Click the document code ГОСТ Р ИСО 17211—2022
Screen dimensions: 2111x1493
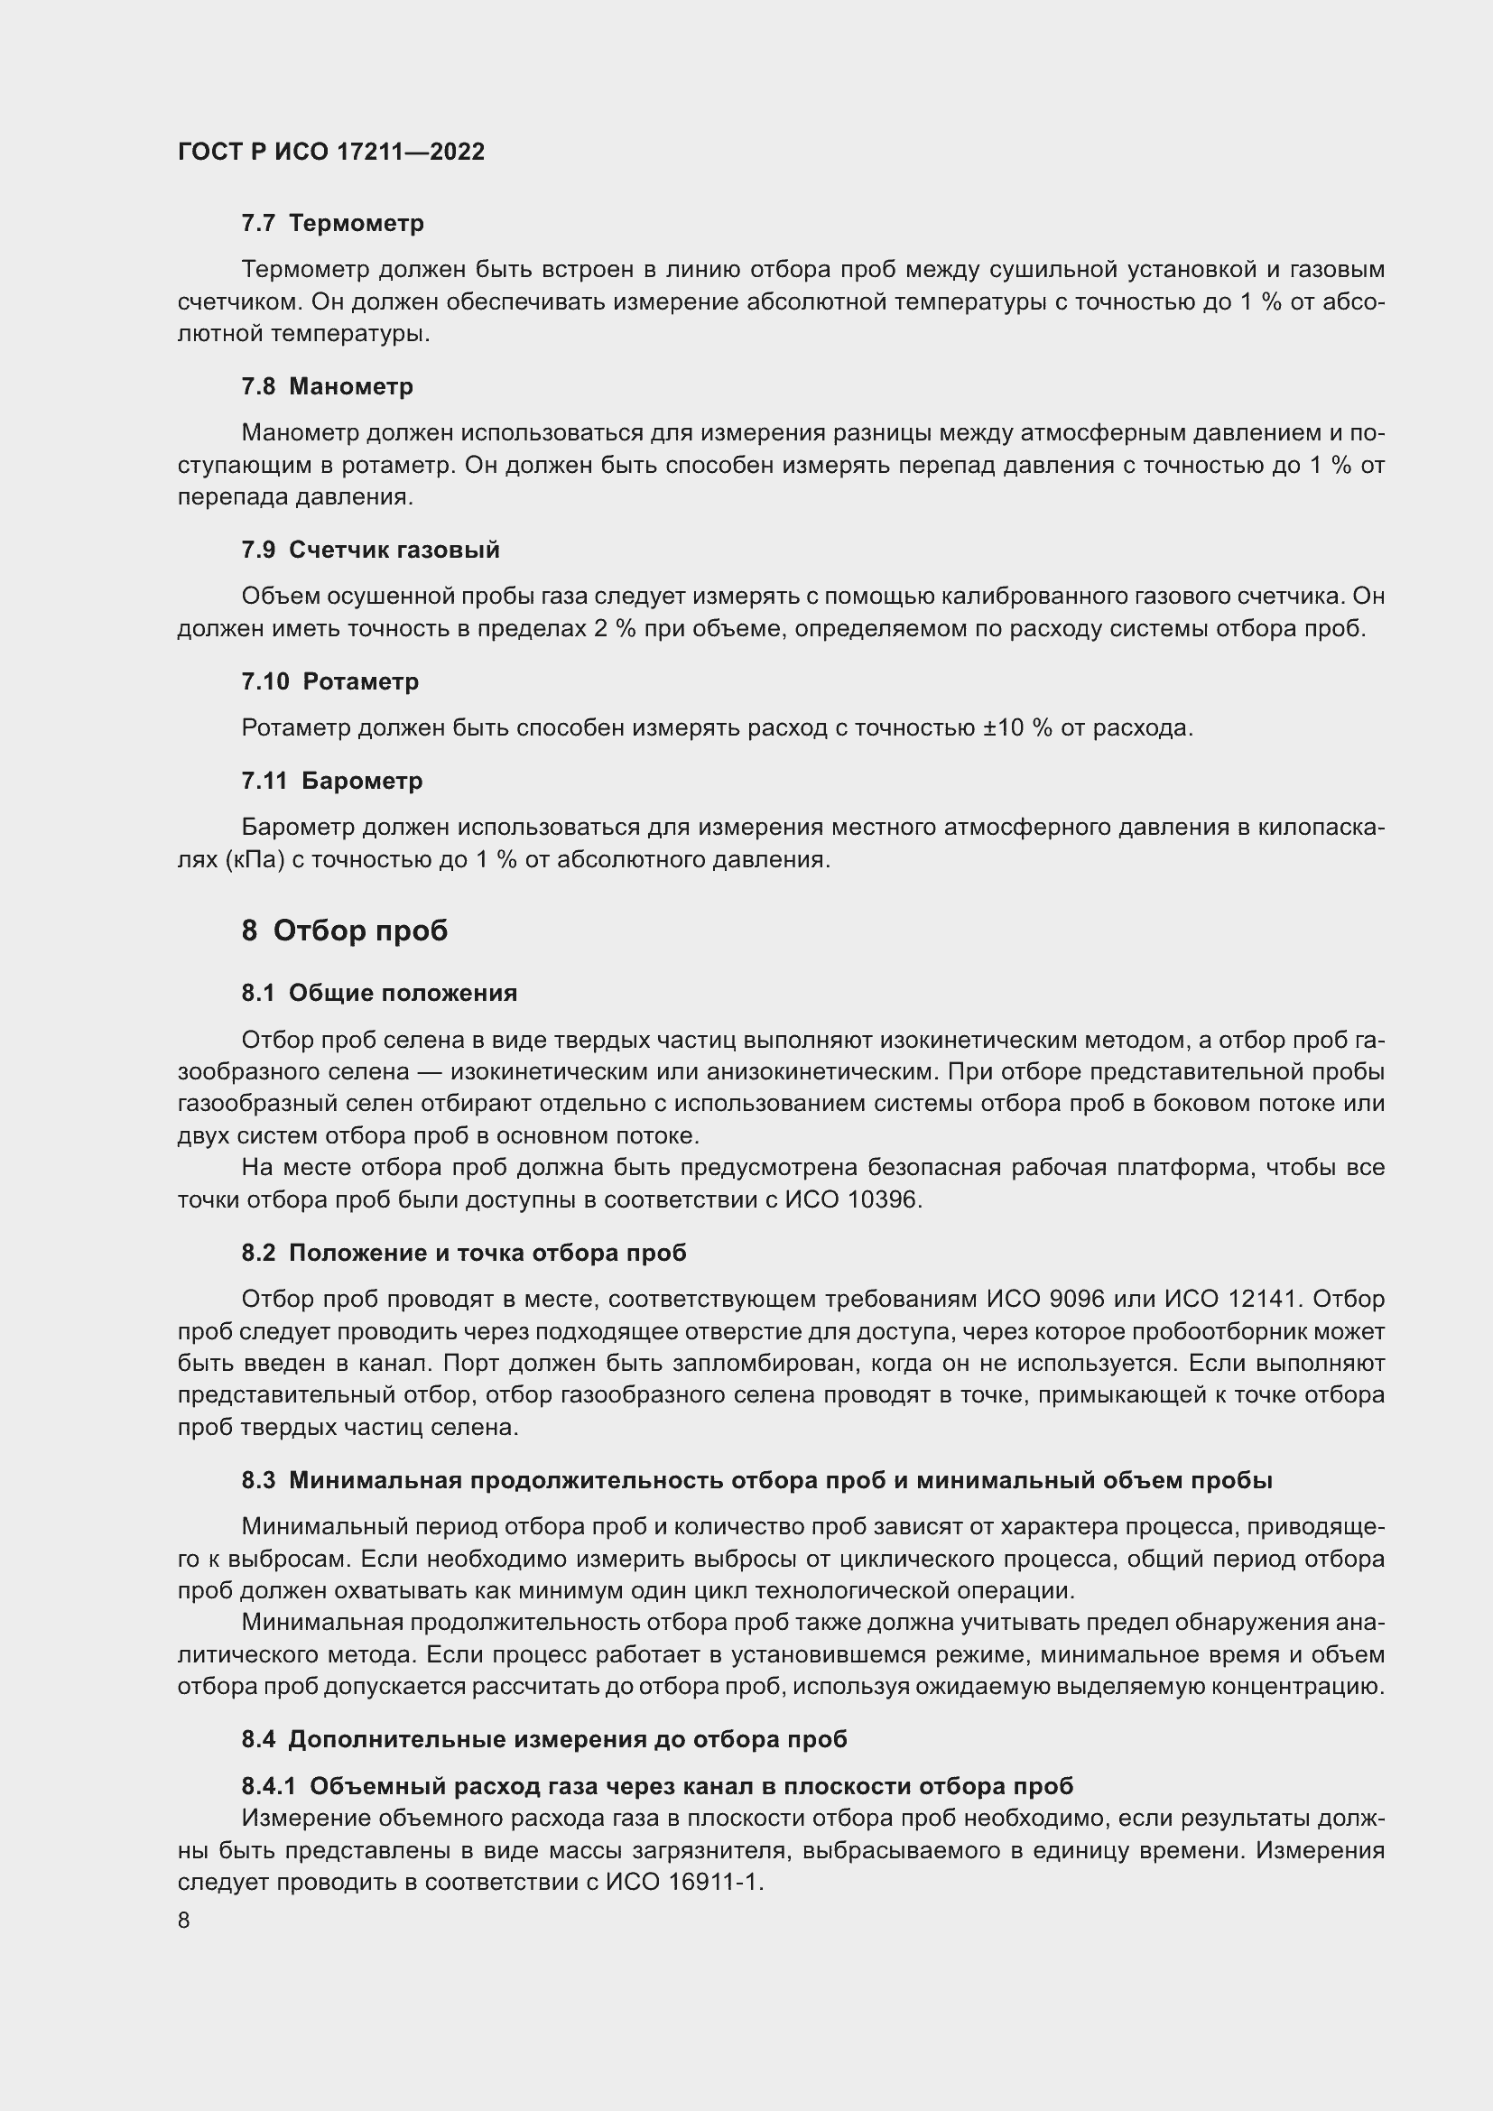(331, 153)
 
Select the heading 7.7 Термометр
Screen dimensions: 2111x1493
(333, 224)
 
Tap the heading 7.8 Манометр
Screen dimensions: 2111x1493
(328, 386)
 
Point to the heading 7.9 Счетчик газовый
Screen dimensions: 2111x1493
(370, 550)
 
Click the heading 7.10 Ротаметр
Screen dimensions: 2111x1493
(330, 681)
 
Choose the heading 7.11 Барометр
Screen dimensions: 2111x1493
(332, 781)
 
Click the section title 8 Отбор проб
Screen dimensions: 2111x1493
(345, 931)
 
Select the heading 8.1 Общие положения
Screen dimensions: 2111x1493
(379, 993)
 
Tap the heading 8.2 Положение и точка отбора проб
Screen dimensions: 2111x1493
(463, 1254)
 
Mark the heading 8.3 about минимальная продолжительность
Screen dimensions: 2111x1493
(756, 1480)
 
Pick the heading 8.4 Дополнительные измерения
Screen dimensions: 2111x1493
(544, 1739)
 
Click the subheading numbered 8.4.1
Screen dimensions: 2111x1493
(657, 1786)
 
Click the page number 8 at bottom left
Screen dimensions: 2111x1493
(184, 1921)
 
